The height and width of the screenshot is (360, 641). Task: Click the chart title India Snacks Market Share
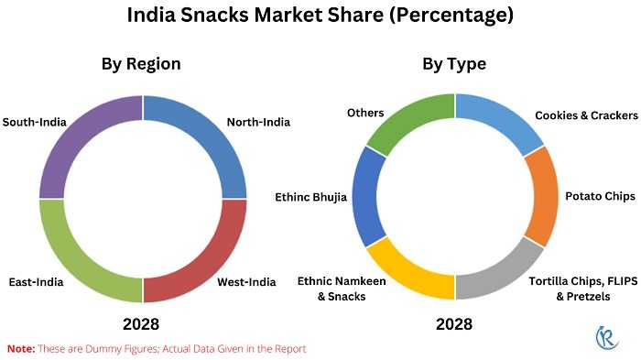(x=320, y=16)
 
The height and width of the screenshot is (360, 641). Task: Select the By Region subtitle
(x=140, y=64)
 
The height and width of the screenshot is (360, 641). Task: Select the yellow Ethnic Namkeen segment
(x=407, y=275)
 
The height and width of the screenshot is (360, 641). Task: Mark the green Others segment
(x=407, y=119)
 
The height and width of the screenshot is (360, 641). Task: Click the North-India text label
(x=258, y=122)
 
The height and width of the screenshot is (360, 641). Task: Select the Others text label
(x=364, y=113)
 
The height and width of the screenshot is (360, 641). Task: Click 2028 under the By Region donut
(x=141, y=324)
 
